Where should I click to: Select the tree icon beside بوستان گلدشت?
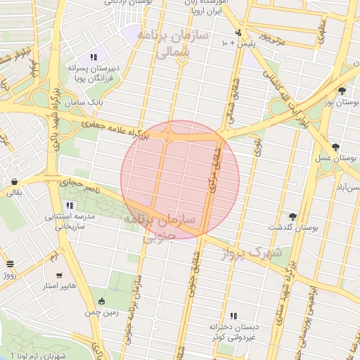(x=292, y=217)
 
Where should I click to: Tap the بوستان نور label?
(x=341, y=103)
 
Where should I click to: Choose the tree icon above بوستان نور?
(x=342, y=91)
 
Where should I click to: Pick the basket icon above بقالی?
(x=15, y=181)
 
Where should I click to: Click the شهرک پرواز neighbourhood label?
(x=263, y=251)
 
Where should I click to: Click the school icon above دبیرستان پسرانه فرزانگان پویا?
(x=93, y=57)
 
